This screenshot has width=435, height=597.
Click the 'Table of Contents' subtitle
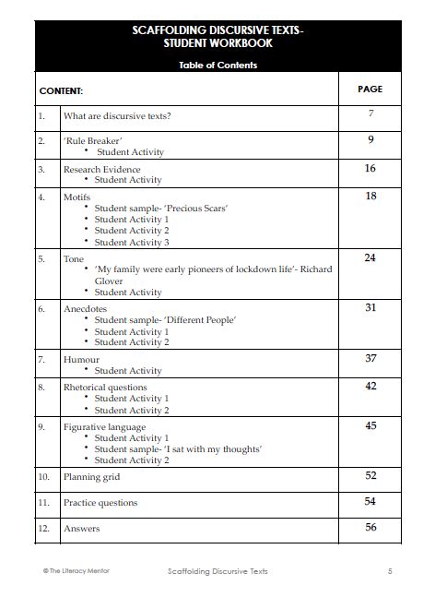217,66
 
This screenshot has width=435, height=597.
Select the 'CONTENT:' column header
61,91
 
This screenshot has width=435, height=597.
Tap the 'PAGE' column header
370,90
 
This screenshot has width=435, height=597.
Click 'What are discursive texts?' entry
116,116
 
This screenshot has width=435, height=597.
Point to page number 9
370,140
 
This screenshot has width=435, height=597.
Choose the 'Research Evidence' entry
101,170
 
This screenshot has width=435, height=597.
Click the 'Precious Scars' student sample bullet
161,209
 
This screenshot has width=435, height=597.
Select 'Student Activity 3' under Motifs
132,242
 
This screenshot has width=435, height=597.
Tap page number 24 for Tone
370,258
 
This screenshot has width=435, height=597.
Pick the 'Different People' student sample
165,320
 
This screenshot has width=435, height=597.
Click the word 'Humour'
81,359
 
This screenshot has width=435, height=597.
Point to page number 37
370,358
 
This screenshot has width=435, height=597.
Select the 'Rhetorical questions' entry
104,388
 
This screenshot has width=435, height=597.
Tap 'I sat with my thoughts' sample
178,449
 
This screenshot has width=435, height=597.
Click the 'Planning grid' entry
91,477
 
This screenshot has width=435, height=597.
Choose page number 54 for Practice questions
370,501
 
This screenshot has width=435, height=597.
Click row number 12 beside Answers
42,529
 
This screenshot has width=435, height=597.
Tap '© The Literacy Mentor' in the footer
76,571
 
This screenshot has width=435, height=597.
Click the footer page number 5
390,571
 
